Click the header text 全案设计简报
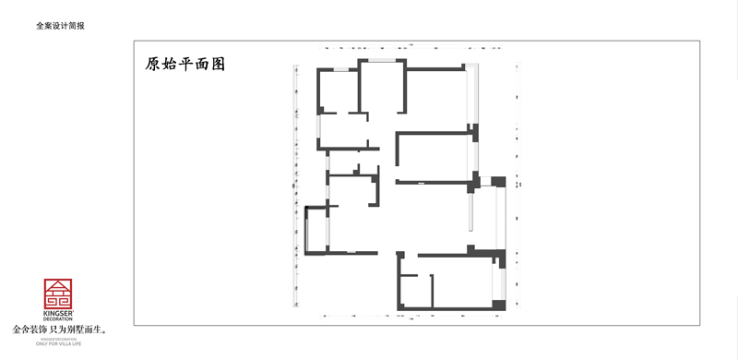[x=61, y=27]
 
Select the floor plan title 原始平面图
[x=185, y=65]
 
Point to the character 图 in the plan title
[x=218, y=65]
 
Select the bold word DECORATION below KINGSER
[x=59, y=319]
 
